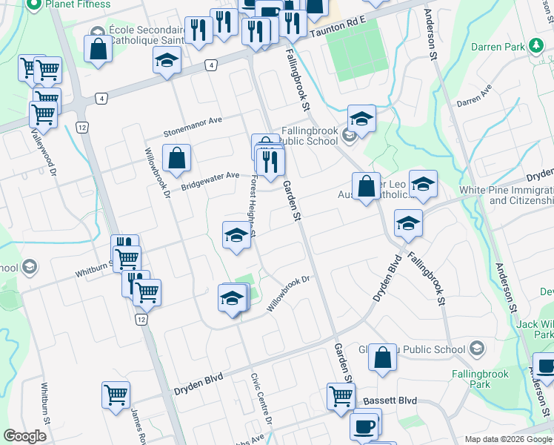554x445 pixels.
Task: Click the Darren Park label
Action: tap(498, 47)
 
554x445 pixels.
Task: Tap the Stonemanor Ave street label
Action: tap(193, 127)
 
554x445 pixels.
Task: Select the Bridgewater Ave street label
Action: tap(210, 179)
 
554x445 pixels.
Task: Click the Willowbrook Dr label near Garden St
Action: tap(287, 294)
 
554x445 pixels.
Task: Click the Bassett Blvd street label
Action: tap(390, 401)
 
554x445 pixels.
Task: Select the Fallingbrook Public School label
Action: tap(310, 136)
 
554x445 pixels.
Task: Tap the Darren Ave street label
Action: tap(475, 96)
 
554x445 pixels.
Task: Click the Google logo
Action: tap(25, 436)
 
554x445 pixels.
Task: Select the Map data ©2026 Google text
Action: tap(509, 439)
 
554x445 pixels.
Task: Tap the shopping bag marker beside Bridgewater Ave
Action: tap(177, 158)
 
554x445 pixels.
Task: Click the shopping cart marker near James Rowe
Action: tap(116, 395)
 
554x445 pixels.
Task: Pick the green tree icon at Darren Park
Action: tap(535, 46)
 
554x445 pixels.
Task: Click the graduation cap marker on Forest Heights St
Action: tap(236, 236)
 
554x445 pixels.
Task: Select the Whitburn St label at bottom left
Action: tap(45, 403)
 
